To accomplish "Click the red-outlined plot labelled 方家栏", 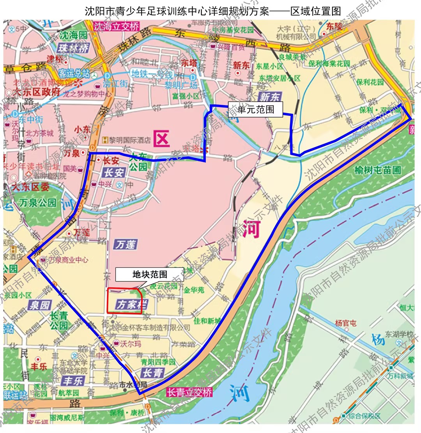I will [x=125, y=301].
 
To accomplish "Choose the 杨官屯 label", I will [x=345, y=323].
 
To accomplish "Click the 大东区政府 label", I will [x=36, y=92].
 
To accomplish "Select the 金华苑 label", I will [x=194, y=290].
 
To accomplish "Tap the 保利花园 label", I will [x=370, y=82].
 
